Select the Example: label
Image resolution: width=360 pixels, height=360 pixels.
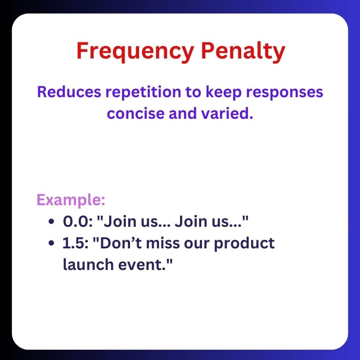[70, 200]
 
